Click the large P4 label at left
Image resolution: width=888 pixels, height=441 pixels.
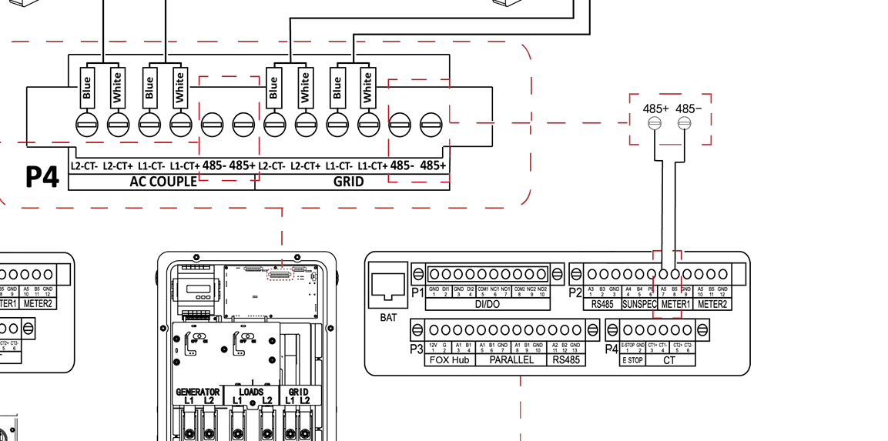42,176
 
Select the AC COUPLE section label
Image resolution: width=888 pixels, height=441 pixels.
160,182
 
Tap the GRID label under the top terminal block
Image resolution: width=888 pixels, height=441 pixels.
348,182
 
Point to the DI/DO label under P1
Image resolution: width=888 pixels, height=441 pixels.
488,304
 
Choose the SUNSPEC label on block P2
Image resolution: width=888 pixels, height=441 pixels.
638,304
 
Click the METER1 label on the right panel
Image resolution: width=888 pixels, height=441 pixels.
675,304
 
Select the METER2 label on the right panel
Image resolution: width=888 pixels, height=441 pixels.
712,304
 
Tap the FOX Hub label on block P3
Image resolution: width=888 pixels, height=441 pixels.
450,360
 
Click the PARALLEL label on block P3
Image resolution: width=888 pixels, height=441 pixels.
511,360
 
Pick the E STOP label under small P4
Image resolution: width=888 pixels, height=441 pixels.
632,360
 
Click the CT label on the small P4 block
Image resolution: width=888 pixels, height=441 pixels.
670,360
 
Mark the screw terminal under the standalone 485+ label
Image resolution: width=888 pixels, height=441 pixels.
655,123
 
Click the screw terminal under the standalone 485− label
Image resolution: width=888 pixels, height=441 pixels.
684,123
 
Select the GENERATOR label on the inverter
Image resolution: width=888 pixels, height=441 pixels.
198,392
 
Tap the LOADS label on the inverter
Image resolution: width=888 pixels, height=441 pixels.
251,392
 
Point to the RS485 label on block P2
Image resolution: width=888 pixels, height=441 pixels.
601,304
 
